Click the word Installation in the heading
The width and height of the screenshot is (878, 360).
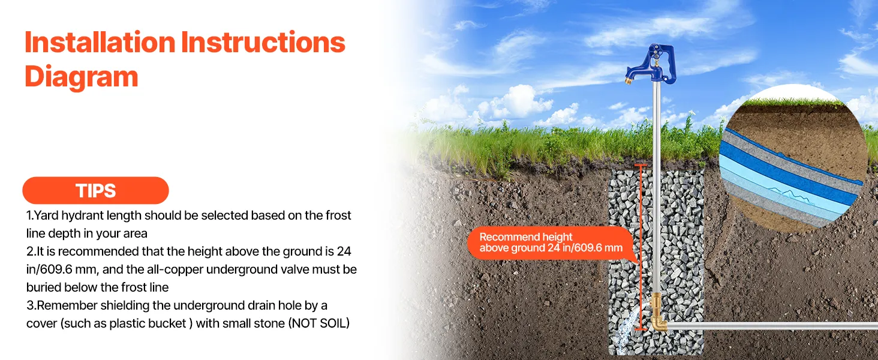coord(100,42)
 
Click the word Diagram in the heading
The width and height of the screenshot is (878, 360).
coord(82,77)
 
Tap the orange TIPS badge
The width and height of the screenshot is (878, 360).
coord(95,191)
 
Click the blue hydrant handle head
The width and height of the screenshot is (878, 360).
coord(653,64)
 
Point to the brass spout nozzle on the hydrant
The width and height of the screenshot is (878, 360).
coord(629,81)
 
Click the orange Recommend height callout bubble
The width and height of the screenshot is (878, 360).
coord(551,243)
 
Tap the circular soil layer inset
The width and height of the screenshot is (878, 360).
coord(793,158)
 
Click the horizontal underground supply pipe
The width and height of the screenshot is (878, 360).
coord(772,325)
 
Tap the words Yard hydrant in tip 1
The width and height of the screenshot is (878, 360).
coord(70,215)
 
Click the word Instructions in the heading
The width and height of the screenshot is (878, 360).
coord(263,42)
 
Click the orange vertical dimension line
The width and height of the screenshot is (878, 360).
coord(641,247)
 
